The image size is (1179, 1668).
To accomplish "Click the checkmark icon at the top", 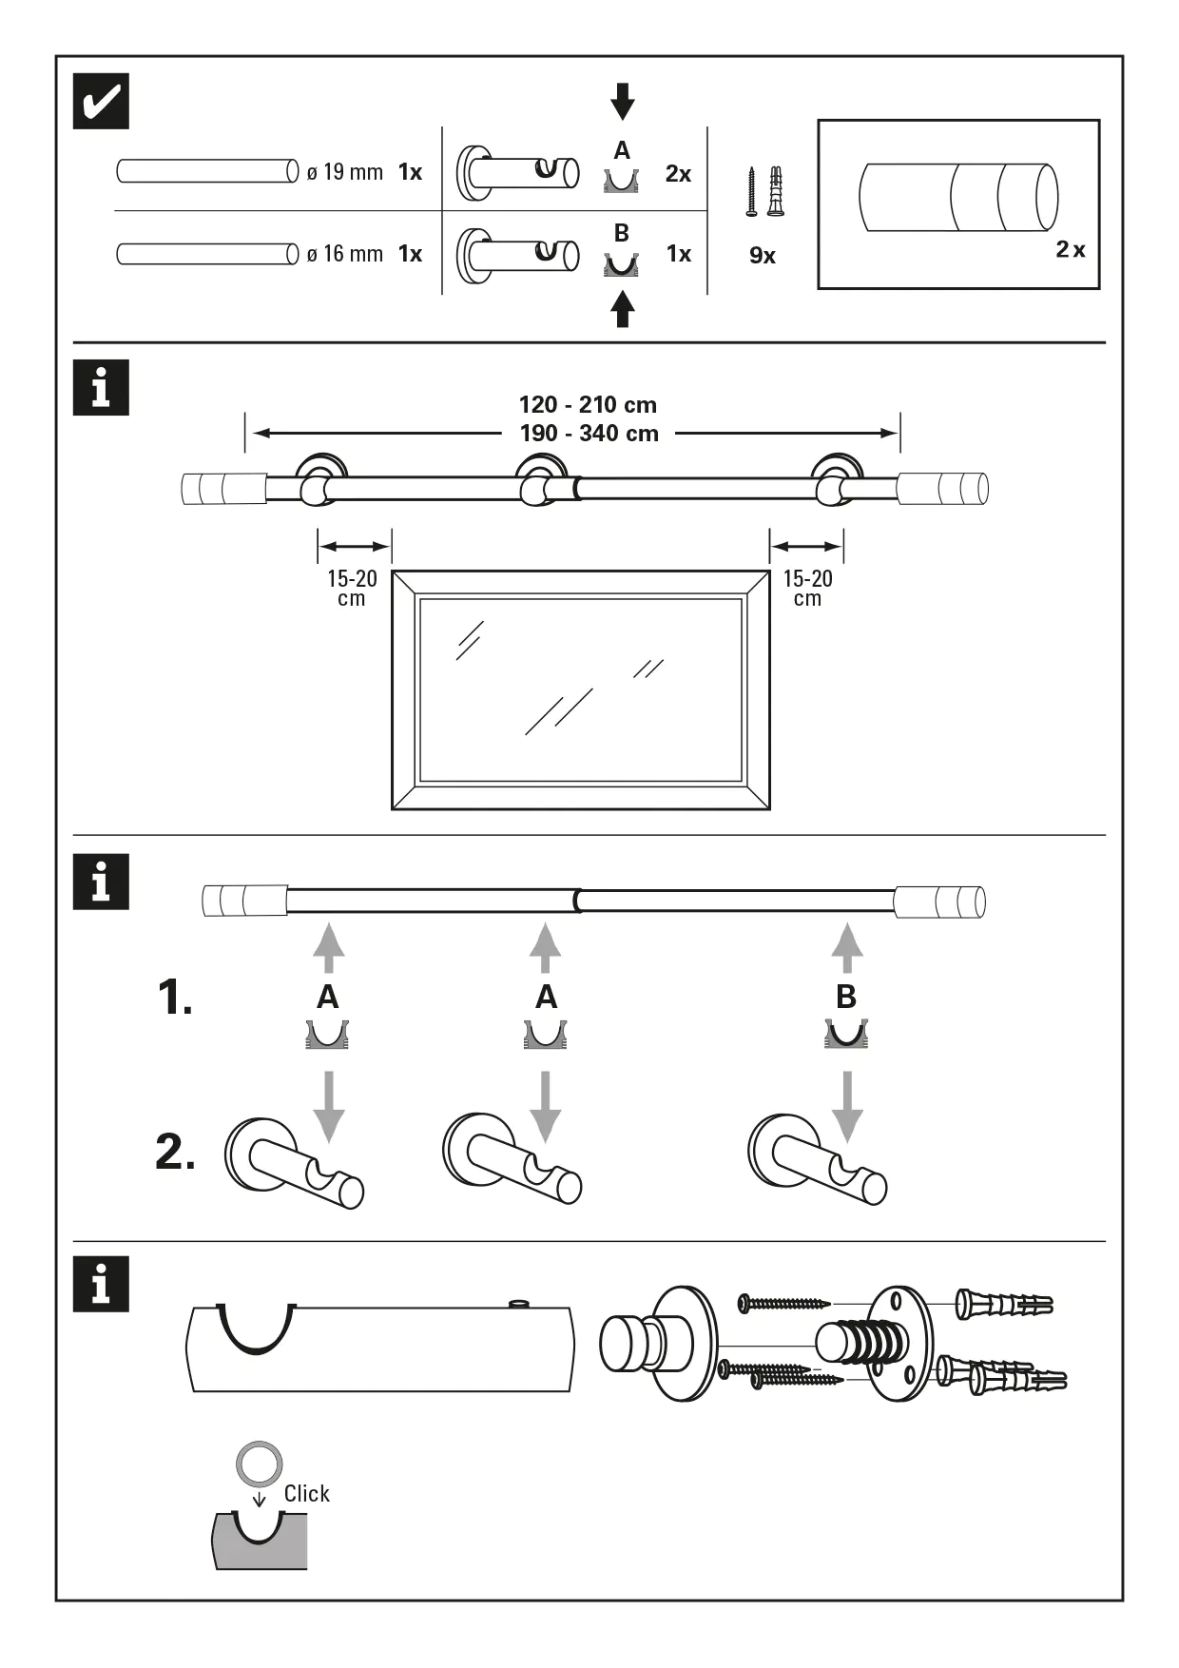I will tap(101, 102).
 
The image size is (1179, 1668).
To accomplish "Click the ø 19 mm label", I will tap(344, 172).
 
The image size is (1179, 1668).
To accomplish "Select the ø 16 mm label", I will tap(344, 254).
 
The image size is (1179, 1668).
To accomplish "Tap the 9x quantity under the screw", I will tap(763, 256).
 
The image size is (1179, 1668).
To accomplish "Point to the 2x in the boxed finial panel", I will tap(1070, 250).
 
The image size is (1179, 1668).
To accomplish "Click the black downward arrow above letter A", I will tap(623, 101).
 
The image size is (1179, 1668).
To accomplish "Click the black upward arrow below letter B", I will tap(623, 309).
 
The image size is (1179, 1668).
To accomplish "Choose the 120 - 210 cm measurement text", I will tap(588, 405).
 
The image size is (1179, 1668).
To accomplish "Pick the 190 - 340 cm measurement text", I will tap(589, 434).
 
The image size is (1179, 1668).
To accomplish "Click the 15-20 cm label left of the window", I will tap(352, 588).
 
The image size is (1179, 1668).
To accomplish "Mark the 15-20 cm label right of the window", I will tap(807, 588).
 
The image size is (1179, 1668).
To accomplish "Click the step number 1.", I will tap(175, 998).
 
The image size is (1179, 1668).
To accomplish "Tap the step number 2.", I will tap(176, 1153).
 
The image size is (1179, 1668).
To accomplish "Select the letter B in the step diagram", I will tap(845, 997).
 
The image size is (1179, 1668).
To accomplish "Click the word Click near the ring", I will tap(306, 1494).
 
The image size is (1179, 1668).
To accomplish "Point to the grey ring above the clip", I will tap(260, 1464).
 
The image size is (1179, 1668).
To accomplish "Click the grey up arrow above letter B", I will tap(846, 946).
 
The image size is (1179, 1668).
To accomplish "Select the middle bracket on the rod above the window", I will tap(541, 480).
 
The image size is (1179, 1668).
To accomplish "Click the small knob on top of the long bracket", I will tap(518, 1304).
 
